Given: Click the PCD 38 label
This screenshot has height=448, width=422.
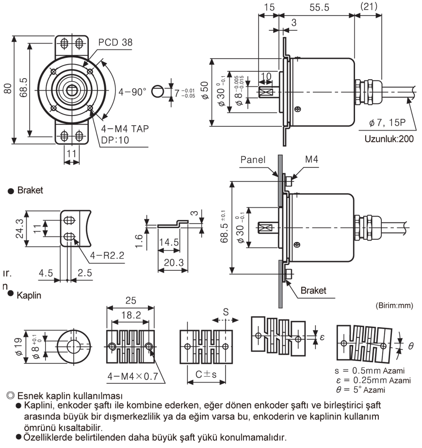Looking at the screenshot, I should pos(115,42).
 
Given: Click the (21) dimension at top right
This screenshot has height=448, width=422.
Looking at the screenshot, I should pos(371,8).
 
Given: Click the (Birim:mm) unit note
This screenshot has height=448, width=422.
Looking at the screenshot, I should pos(393,306).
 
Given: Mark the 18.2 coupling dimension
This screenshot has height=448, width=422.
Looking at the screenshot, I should pos(130,315).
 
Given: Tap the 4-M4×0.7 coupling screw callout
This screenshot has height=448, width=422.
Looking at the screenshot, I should pos(133,377).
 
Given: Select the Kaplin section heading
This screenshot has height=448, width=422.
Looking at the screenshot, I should pos(29,295).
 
